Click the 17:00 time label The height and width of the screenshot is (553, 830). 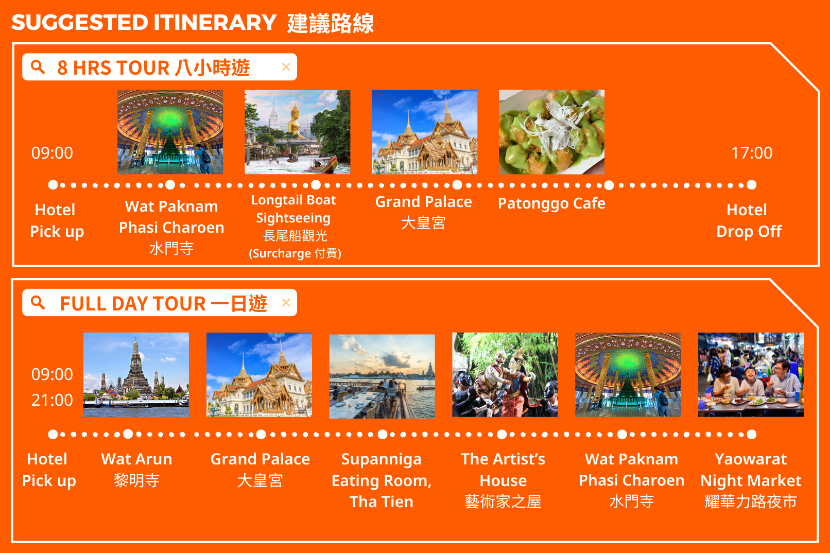coord(752,153)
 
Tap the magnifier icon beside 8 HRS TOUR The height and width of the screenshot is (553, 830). coord(38,67)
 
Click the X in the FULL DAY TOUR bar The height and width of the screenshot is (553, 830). coord(286,302)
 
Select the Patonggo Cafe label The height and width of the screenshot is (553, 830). coord(551,203)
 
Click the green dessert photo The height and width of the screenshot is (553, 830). coord(551,132)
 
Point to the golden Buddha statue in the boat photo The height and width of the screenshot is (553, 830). coord(296,120)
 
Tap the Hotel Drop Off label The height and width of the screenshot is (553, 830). coord(749,220)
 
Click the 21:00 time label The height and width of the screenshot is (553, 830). coord(52,400)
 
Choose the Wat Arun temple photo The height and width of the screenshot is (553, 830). coord(136,375)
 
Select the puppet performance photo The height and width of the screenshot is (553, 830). coord(505,375)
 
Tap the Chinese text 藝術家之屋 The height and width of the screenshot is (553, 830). coord(503,502)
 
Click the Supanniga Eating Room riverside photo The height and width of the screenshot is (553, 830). coord(382,376)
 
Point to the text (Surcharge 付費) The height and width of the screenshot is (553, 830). coord(295,253)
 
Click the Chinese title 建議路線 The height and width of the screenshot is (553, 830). coord(331,23)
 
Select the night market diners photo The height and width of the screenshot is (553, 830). coord(751,375)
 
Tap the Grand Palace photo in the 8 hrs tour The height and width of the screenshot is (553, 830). coord(425,132)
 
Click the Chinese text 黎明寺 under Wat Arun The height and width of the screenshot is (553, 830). coord(136,480)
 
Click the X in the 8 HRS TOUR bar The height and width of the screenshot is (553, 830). coord(286,67)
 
